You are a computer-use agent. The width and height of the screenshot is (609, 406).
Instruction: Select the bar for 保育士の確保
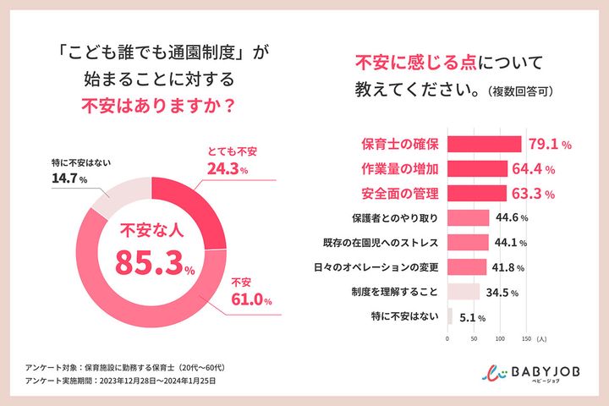484,144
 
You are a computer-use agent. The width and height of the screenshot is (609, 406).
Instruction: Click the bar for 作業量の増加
476,168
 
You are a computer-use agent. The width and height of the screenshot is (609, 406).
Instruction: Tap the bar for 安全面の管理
475,194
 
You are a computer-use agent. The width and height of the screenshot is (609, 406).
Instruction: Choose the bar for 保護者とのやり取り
467,218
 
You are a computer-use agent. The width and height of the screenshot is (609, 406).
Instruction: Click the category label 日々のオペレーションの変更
376,268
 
